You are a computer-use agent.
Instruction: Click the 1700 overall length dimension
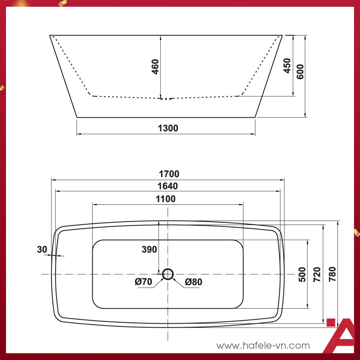pyautogui.click(x=169, y=174)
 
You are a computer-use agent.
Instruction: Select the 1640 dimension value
pyautogui.click(x=168, y=186)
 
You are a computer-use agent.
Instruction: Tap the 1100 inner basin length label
pyautogui.click(x=166, y=199)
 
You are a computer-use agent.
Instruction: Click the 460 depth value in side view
pyautogui.click(x=156, y=66)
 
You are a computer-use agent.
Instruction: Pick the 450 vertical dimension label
pyautogui.click(x=287, y=65)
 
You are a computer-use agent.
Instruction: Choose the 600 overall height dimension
pyautogui.click(x=300, y=71)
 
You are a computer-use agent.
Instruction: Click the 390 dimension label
pyautogui.click(x=149, y=249)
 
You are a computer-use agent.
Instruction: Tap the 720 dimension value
pyautogui.click(x=317, y=274)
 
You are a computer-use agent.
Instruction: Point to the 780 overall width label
pyautogui.click(x=332, y=274)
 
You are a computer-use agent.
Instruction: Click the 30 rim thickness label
pyautogui.click(x=42, y=249)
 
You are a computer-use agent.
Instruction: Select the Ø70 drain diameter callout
pyautogui.click(x=144, y=282)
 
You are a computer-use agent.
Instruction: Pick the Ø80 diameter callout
pyautogui.click(x=193, y=282)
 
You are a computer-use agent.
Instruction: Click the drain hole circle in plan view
pyautogui.click(x=168, y=274)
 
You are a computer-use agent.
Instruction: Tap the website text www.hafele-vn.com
pyautogui.click(x=263, y=345)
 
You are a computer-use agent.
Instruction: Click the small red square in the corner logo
pyautogui.click(x=331, y=323)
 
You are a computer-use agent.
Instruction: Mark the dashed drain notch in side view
pyautogui.click(x=165, y=99)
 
